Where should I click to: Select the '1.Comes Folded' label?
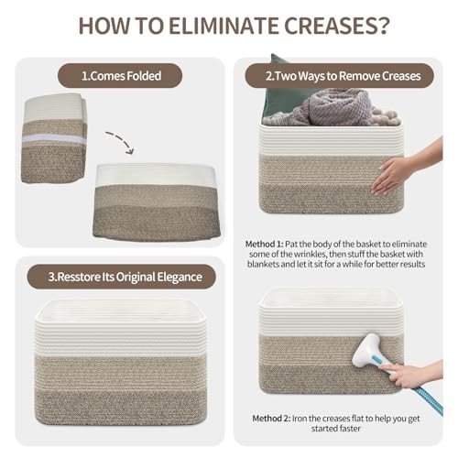pyautogui.click(x=121, y=76)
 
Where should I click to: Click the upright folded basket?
pyautogui.click(x=54, y=138)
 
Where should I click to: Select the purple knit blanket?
pyautogui.click(x=333, y=108)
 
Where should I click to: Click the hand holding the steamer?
pyautogui.click(x=410, y=373)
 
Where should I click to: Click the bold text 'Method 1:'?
pyautogui.click(x=265, y=244)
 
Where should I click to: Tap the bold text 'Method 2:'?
pyautogui.click(x=271, y=419)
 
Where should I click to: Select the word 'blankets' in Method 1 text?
pyautogui.click(x=263, y=264)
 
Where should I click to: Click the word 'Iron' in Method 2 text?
pyautogui.click(x=299, y=419)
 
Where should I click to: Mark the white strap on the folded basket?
pyautogui.click(x=54, y=139)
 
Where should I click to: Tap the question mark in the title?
pyautogui.click(x=384, y=26)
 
